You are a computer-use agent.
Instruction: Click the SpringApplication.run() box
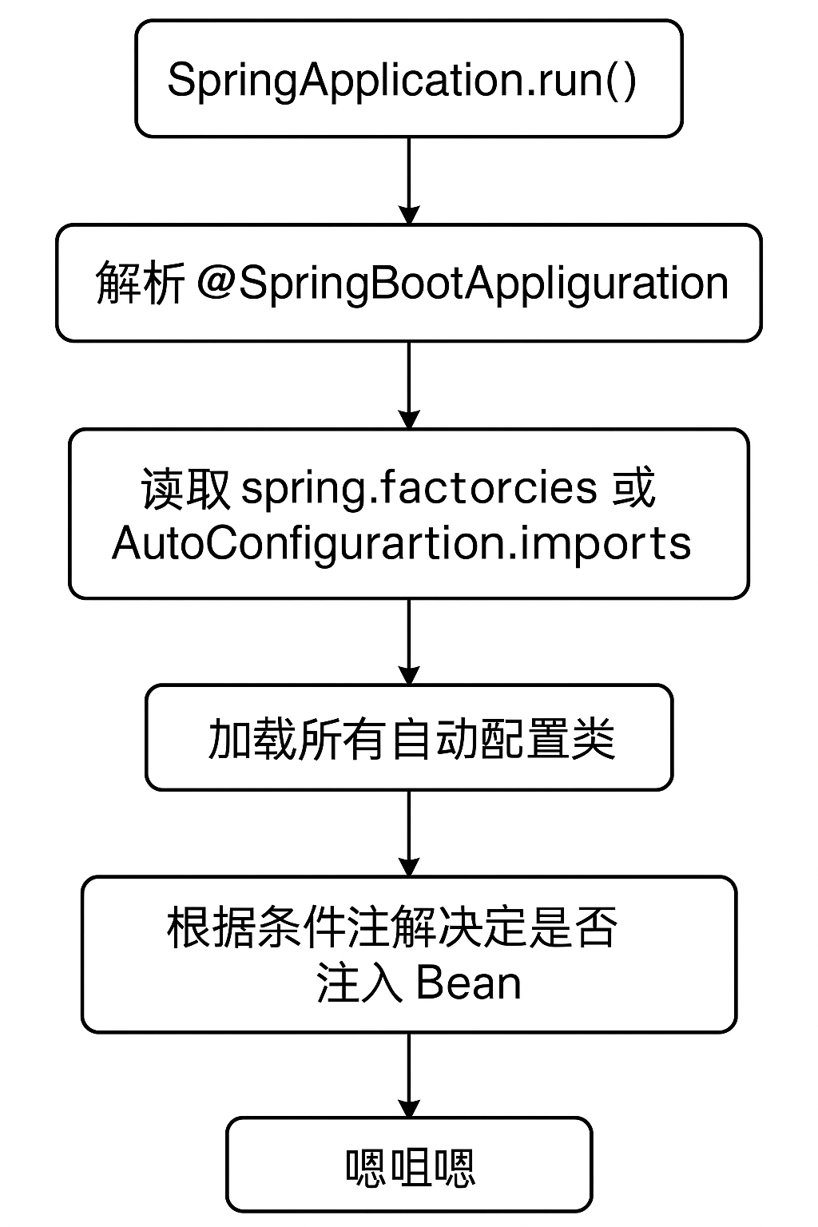click(408, 78)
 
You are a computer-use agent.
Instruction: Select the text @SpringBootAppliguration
click(463, 283)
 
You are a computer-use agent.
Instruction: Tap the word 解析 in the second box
click(140, 283)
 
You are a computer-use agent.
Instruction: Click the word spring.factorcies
click(419, 487)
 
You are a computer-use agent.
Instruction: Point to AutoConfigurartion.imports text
click(401, 543)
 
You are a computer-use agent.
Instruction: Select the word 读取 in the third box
click(185, 487)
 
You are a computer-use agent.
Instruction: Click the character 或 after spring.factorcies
click(634, 487)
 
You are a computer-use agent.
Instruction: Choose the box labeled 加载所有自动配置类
click(408, 737)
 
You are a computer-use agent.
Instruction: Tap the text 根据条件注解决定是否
click(391, 928)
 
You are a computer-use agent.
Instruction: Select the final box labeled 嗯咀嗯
click(408, 1167)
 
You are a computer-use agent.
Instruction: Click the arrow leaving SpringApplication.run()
click(408, 181)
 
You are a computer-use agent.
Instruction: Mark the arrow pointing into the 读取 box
click(408, 385)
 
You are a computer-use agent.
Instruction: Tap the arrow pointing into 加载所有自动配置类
click(408, 641)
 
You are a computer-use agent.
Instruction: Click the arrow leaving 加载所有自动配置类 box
click(408, 833)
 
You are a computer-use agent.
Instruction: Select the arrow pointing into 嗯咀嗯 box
click(408, 1075)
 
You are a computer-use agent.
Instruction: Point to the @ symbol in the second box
click(214, 283)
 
